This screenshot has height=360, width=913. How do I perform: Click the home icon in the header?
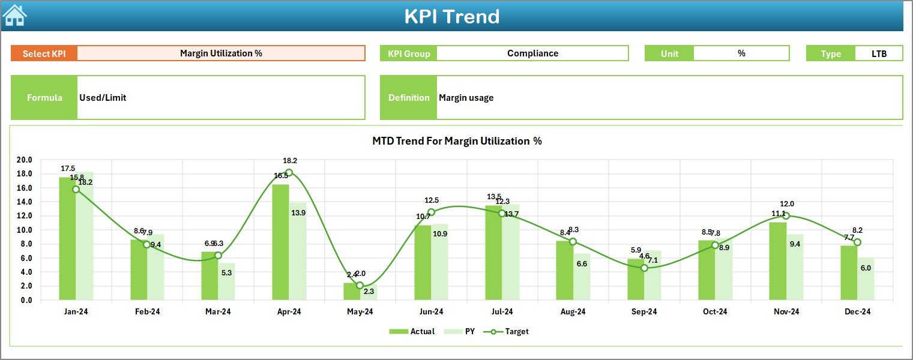point(14,15)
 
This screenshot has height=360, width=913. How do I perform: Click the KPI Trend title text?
point(451,16)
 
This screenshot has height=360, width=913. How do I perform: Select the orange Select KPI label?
point(44,53)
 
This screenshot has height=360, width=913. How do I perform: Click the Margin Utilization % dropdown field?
point(221,53)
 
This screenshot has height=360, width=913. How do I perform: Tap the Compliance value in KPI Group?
point(532,53)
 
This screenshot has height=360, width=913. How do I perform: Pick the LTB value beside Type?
point(879,53)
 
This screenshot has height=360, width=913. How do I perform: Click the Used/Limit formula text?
point(103,98)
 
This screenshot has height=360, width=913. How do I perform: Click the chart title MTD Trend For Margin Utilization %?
point(457,141)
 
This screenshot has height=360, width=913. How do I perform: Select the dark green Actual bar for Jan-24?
point(67,240)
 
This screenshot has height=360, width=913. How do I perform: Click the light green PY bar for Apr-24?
point(298,252)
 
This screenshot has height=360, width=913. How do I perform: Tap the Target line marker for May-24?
point(360,286)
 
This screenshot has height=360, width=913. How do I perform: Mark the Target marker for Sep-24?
point(644,268)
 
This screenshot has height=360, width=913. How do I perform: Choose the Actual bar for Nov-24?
point(777,262)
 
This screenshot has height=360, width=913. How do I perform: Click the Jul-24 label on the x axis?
point(502,312)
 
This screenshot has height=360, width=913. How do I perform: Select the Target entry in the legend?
point(510,331)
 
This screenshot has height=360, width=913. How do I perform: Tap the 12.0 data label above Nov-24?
point(786,204)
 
